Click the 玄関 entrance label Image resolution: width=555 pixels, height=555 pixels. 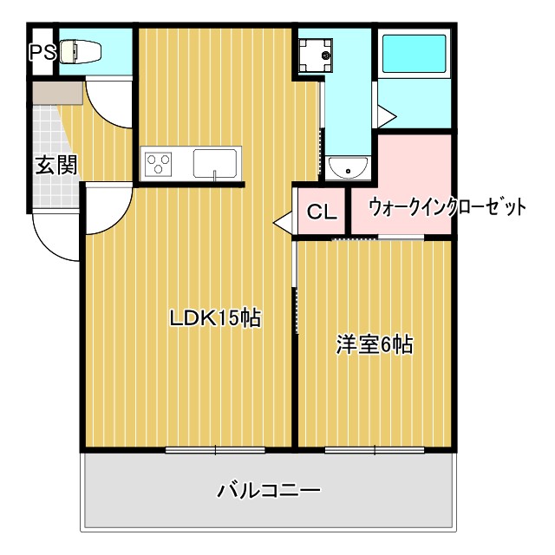pos(55,165)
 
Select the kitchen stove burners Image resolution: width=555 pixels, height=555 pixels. pos(160,163)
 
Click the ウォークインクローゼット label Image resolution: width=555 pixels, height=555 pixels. pos(447,208)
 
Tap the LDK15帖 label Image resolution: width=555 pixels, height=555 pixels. pos(215,318)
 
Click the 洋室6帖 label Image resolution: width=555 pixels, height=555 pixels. pos(374,344)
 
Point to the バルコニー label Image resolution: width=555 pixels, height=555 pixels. pos(268,492)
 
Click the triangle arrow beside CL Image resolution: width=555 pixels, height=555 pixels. pos(283,222)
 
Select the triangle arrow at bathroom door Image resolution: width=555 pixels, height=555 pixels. pos(386,115)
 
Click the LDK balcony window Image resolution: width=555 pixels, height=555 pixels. pos(215,449)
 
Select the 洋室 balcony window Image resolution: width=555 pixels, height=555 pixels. pos(374,449)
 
